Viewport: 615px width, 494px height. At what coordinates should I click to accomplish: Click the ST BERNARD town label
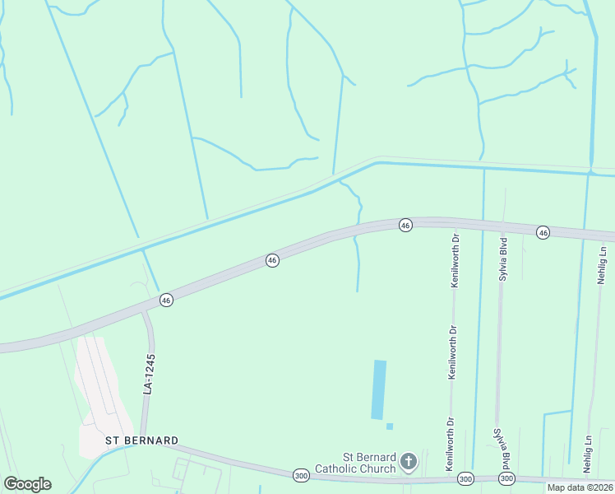click(x=141, y=440)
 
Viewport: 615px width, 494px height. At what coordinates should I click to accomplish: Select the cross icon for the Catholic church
click(x=409, y=464)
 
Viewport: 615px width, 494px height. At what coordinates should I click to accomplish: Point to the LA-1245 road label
click(x=149, y=374)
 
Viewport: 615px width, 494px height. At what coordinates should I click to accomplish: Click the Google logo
click(x=27, y=484)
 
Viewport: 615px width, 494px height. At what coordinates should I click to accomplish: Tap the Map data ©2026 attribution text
click(x=580, y=487)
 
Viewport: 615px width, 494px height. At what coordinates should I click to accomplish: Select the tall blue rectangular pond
click(x=379, y=389)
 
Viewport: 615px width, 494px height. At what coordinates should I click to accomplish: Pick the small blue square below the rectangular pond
click(x=390, y=426)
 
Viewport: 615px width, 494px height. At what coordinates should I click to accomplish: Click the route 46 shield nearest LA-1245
click(x=166, y=301)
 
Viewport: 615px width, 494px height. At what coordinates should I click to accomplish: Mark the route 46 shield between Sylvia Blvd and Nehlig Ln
click(x=543, y=233)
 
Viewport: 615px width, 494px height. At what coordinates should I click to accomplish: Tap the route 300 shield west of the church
click(x=301, y=475)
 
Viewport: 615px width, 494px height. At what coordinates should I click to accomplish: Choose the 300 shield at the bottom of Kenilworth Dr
click(x=465, y=478)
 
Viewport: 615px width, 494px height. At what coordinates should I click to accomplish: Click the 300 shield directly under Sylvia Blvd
click(x=506, y=478)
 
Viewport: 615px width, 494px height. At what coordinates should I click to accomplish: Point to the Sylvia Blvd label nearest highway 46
click(x=503, y=259)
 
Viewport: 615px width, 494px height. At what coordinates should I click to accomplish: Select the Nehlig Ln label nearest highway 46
click(x=603, y=270)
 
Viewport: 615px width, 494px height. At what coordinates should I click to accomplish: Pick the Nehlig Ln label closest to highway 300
click(x=588, y=454)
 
